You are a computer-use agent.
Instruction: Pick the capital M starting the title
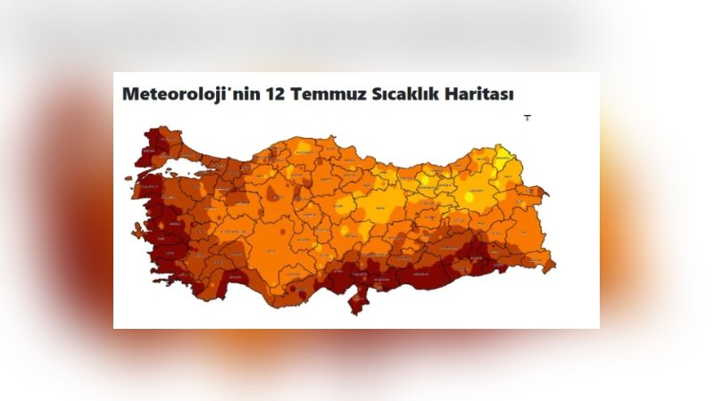point(130,94)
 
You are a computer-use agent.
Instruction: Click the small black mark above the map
point(527,117)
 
